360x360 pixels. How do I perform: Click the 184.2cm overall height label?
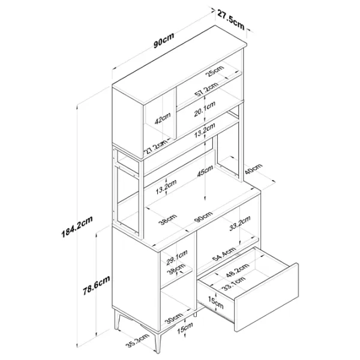tap(77, 227)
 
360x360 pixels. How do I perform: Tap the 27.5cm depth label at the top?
tap(230, 20)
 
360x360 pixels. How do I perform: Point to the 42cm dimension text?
tap(163, 118)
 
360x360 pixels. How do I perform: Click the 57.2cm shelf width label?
tap(206, 90)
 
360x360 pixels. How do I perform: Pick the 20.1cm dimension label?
tap(205, 109)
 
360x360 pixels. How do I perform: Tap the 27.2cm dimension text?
tap(155, 148)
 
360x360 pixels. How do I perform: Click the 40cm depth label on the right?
tap(253, 169)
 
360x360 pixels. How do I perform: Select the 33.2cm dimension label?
tap(240, 223)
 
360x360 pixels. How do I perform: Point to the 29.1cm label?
tap(177, 257)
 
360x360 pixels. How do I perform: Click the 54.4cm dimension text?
tap(224, 254)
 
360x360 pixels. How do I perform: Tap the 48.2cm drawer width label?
tap(237, 270)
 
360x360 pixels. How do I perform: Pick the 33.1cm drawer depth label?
tap(235, 284)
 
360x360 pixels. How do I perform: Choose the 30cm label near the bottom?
tap(174, 318)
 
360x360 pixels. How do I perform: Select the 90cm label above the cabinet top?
tap(164, 41)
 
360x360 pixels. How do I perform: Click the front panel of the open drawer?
tap(266, 298)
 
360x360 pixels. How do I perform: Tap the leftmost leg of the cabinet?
tap(118, 319)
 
